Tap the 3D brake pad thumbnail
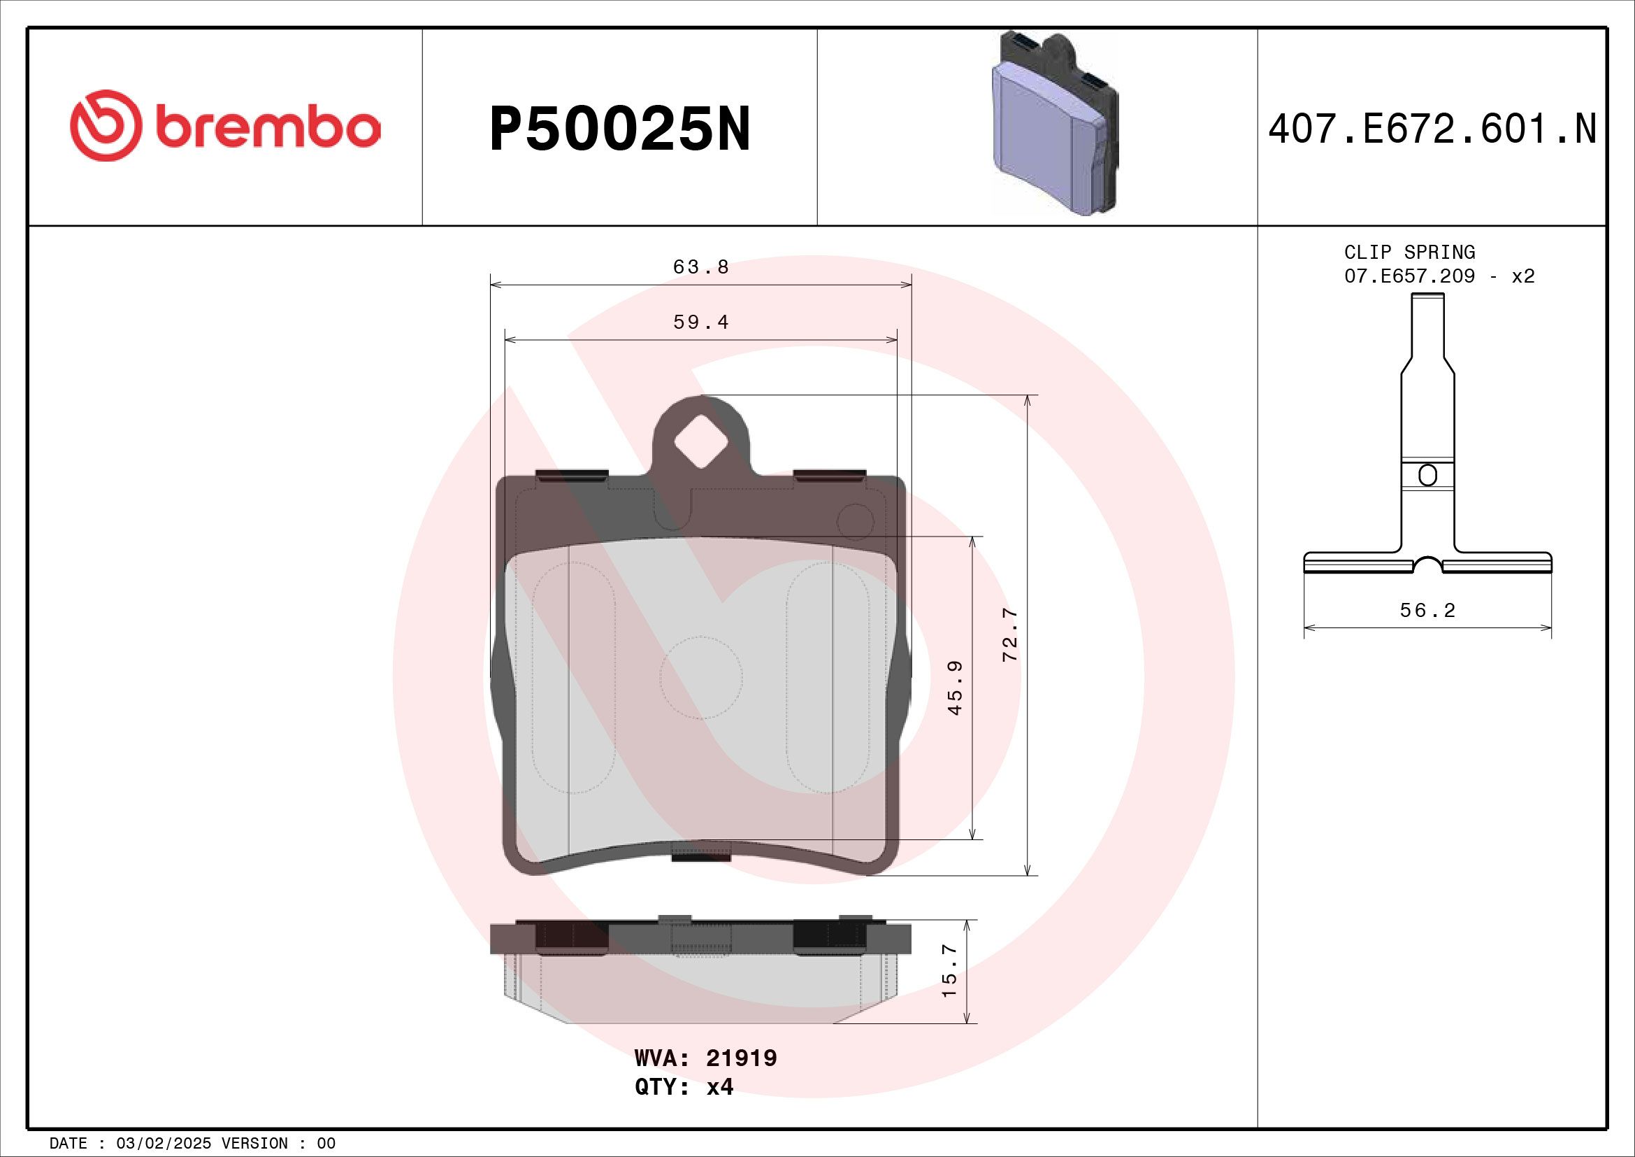(1055, 125)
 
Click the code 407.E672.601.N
(1432, 129)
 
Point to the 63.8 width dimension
(700, 267)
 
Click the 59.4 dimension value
(700, 322)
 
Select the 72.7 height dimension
(1011, 634)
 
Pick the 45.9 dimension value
(956, 688)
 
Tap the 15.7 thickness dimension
(949, 972)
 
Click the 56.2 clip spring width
(1427, 611)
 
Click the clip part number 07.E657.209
(1409, 276)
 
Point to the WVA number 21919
(740, 1058)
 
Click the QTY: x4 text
(684, 1087)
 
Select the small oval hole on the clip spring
(1427, 475)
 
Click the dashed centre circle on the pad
(700, 678)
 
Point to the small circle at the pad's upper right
(855, 522)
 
